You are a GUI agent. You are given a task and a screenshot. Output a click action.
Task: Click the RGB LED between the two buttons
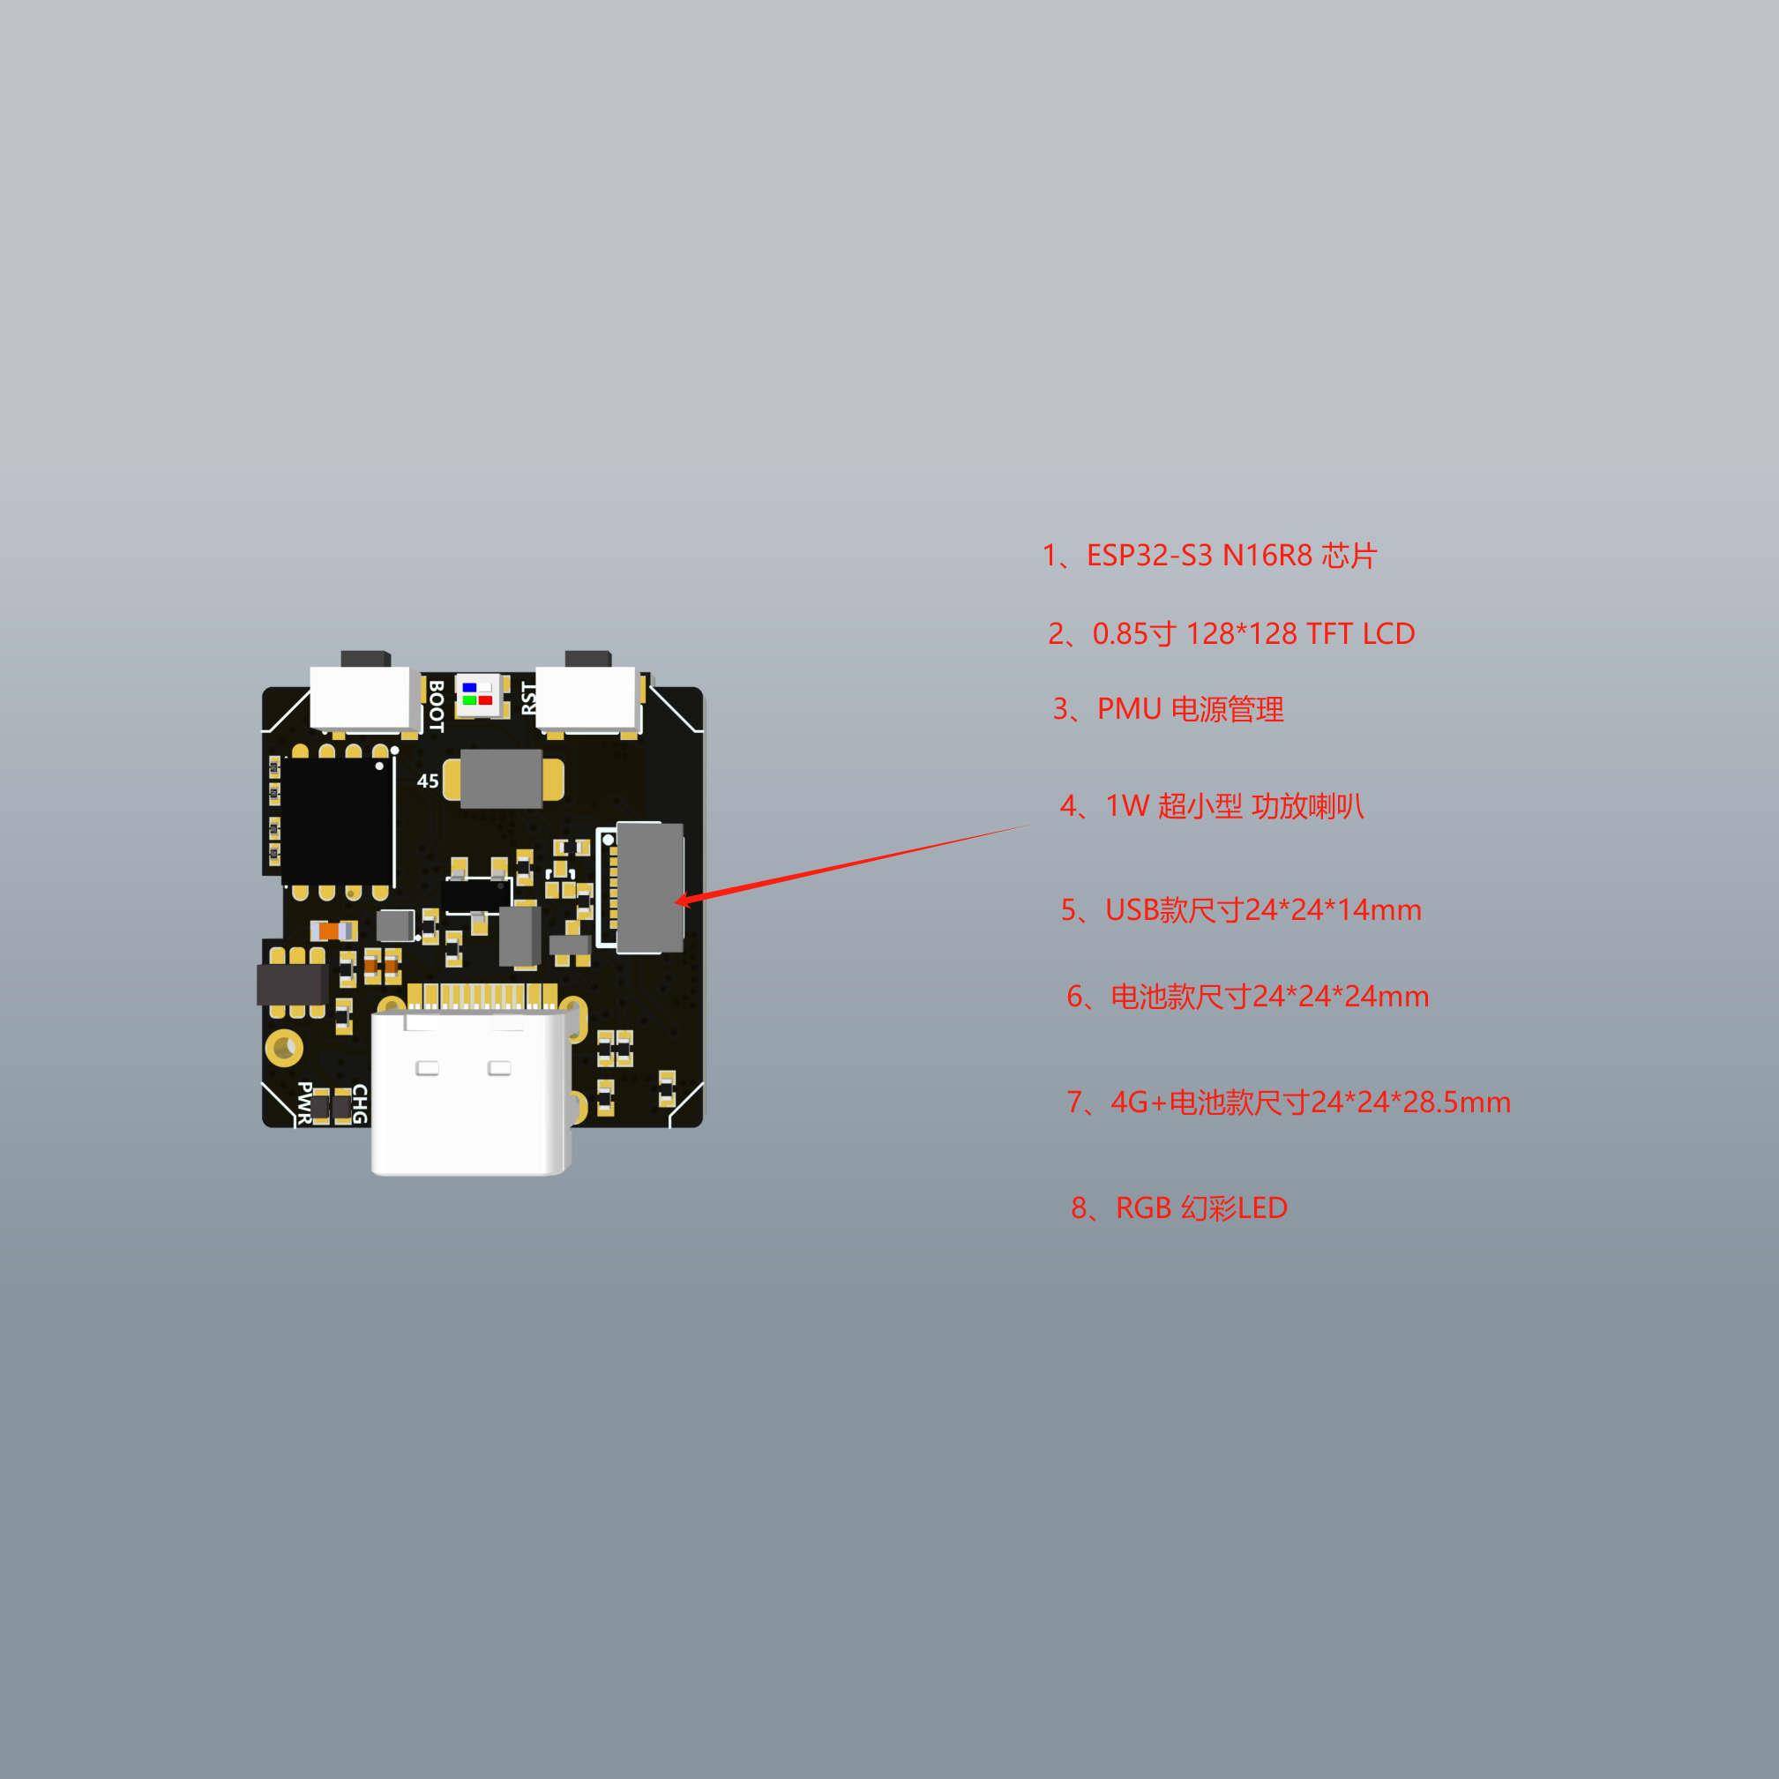point(477,693)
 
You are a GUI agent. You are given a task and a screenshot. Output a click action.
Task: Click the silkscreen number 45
point(427,781)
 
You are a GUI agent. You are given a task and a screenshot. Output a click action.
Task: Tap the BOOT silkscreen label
point(437,706)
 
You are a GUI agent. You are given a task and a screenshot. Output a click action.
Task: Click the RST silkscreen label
point(528,697)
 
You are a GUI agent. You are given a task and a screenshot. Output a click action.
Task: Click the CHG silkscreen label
point(359,1105)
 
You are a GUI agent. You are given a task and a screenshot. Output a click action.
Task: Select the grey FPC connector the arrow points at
point(648,886)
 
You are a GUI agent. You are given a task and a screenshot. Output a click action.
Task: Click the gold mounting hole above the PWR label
point(283,1045)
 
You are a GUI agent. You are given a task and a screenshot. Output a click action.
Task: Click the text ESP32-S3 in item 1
point(1149,557)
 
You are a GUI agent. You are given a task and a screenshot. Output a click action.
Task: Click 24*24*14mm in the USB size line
point(1333,909)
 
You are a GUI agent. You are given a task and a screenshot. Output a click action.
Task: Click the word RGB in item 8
point(1143,1207)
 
